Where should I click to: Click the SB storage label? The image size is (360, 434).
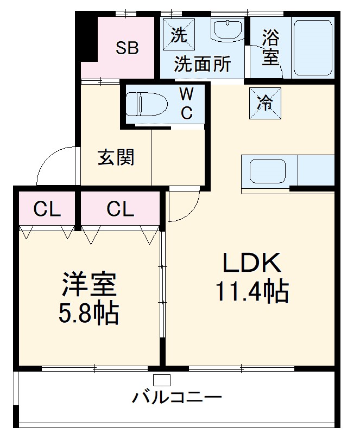click(127, 48)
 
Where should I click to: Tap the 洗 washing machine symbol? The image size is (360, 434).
click(179, 36)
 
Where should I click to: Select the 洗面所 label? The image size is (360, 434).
click(202, 65)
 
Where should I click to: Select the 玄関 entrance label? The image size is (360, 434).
click(116, 158)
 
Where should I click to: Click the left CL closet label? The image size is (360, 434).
click(47, 209)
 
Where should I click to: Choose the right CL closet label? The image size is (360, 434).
click(120, 209)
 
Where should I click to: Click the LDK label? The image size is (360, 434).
click(252, 264)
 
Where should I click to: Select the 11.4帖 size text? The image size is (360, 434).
click(252, 292)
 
